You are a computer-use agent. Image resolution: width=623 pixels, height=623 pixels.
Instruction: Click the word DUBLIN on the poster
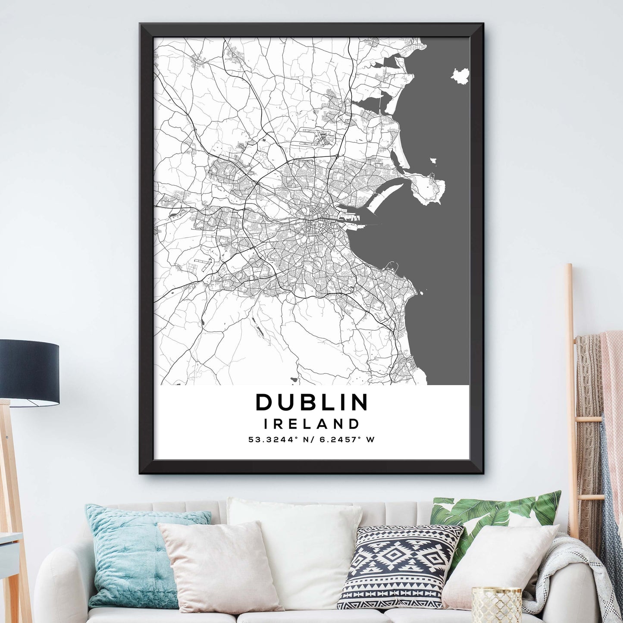pyautogui.click(x=312, y=402)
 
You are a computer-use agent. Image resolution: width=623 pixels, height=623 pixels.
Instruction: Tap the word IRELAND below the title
pyautogui.click(x=311, y=424)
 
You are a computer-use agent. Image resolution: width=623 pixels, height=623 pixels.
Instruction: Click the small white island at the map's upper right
pyautogui.click(x=460, y=76)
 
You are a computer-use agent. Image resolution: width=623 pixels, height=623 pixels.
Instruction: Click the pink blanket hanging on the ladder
pyautogui.click(x=612, y=388)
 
